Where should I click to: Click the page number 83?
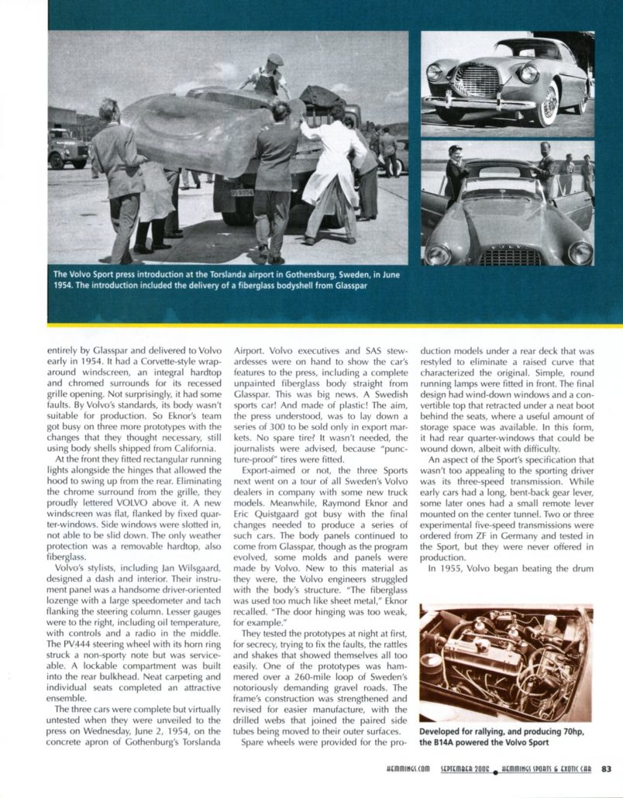tap(606, 769)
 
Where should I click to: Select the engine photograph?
tap(505, 663)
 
